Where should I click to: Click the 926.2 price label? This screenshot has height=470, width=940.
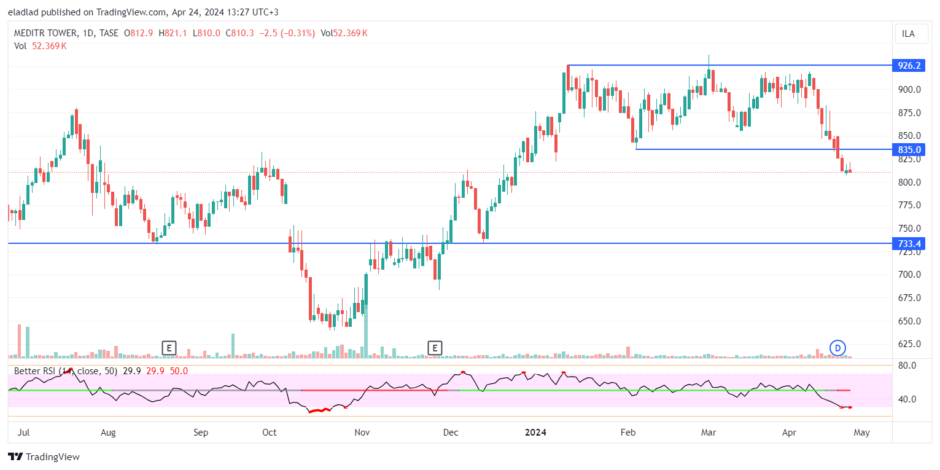click(x=909, y=65)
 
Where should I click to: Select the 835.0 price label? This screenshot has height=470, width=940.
click(x=909, y=150)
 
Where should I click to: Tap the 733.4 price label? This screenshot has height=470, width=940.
click(x=909, y=244)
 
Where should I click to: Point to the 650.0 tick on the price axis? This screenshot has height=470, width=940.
click(x=909, y=321)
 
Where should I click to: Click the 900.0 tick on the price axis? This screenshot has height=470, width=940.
click(x=909, y=90)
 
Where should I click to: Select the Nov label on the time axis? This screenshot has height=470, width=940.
click(x=362, y=433)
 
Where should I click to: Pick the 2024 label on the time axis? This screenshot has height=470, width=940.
click(x=535, y=433)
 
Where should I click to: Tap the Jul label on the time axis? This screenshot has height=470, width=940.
click(x=23, y=433)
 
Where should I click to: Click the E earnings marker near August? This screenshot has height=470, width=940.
click(x=169, y=348)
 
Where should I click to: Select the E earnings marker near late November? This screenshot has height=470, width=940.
click(x=435, y=348)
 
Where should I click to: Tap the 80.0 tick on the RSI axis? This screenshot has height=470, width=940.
click(x=907, y=366)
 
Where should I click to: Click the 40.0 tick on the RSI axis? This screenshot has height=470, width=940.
click(x=907, y=399)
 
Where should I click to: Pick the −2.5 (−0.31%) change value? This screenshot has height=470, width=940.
click(x=288, y=33)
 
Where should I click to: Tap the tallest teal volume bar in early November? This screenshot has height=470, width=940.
click(x=366, y=332)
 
